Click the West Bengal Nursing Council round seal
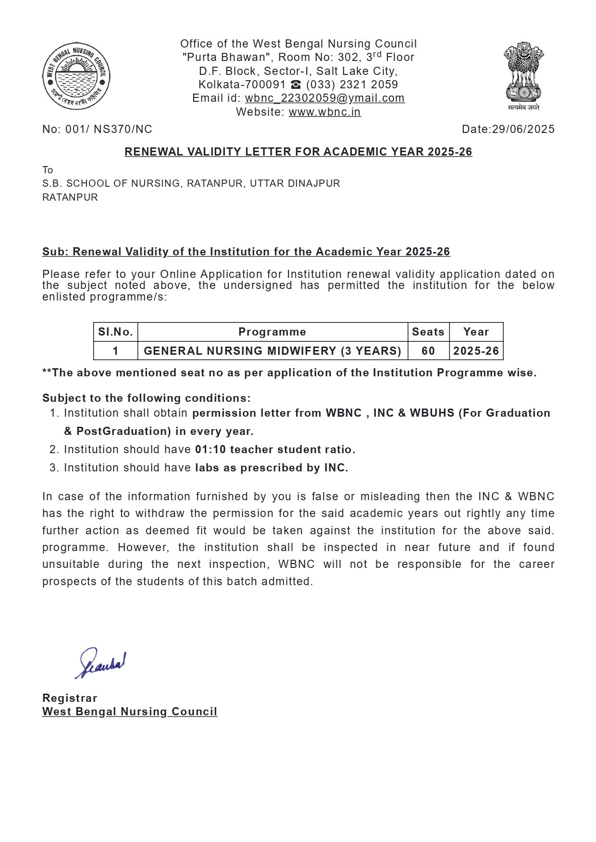pos(76,76)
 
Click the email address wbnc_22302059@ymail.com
pos(324,98)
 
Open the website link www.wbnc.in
pos(324,112)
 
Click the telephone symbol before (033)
pos(296,85)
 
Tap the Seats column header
pos(428,332)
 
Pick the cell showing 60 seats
pos(428,351)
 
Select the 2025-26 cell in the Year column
pos(476,351)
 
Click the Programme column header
pos(272,332)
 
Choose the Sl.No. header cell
pos(115,332)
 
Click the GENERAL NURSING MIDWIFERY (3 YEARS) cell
pos(272,351)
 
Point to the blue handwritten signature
pos(101,663)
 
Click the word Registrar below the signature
pos(70,698)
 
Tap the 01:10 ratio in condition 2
pos(210,450)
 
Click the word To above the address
pos(48,170)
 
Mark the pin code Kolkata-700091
pos(242,85)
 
